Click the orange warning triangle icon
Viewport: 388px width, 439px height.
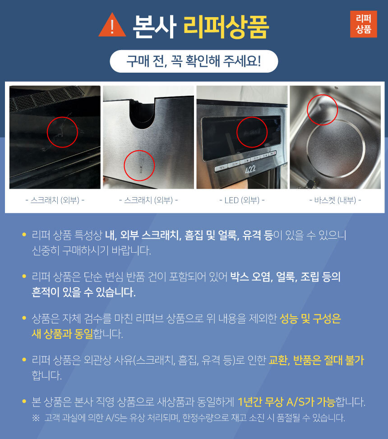pos(112,26)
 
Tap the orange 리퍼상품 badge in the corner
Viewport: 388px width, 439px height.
pos(363,24)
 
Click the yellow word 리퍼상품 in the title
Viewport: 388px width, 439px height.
pos(226,27)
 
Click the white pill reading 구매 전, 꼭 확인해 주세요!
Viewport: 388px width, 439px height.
pos(194,61)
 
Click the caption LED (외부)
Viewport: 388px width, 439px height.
pos(242,200)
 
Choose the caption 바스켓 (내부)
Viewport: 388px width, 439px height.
pos(335,200)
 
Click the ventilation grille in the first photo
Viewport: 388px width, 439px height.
pos(45,98)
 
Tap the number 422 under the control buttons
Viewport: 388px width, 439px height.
pos(250,169)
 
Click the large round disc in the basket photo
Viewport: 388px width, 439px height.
pos(336,149)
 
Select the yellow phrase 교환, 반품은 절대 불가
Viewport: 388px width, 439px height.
pos(316,360)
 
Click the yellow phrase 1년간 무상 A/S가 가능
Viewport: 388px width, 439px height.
pos(286,402)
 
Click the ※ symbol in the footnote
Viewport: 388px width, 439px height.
pos(36,418)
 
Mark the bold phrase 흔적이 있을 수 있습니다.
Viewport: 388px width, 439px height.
pos(83,292)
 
